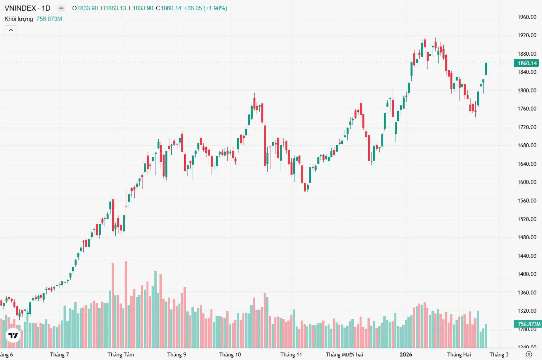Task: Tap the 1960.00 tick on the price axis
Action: pyautogui.click(x=527, y=17)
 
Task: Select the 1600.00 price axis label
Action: pyautogui.click(x=527, y=182)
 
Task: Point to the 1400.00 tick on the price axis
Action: pyautogui.click(x=527, y=274)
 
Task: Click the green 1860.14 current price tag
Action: pyautogui.click(x=527, y=63)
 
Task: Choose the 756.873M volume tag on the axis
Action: pyautogui.click(x=529, y=324)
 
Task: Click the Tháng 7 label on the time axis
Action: pyautogui.click(x=59, y=354)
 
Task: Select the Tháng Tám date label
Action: pyautogui.click(x=120, y=354)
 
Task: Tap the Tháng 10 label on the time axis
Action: pyautogui.click(x=230, y=354)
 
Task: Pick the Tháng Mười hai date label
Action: pyautogui.click(x=344, y=354)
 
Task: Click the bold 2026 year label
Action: pyautogui.click(x=406, y=354)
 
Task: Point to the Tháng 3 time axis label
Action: pyautogui.click(x=499, y=354)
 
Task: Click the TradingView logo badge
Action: pyautogui.click(x=13, y=336)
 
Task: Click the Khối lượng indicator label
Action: pyautogui.click(x=19, y=19)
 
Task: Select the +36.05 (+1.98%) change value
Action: pyautogui.click(x=205, y=8)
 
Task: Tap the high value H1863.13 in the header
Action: pyautogui.click(x=113, y=8)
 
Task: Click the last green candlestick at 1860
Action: pyautogui.click(x=486, y=69)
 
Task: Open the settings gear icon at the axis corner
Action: pyautogui.click(x=529, y=354)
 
